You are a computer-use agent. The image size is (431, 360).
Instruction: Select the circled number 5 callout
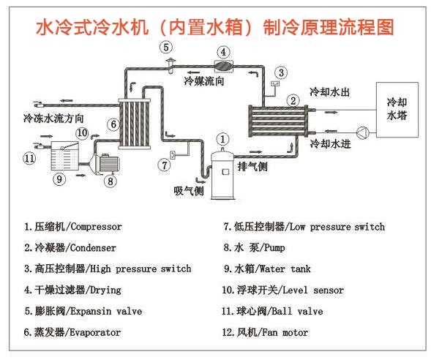(167, 48)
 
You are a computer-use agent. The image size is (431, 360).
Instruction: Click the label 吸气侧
(188, 191)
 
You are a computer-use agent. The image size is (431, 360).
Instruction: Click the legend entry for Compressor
(72, 227)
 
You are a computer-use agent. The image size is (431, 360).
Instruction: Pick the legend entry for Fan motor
(266, 332)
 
